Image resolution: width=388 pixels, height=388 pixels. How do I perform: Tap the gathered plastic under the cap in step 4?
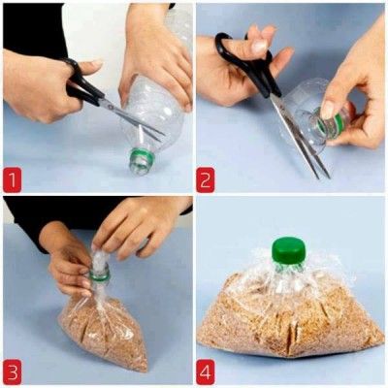pos(288,276)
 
